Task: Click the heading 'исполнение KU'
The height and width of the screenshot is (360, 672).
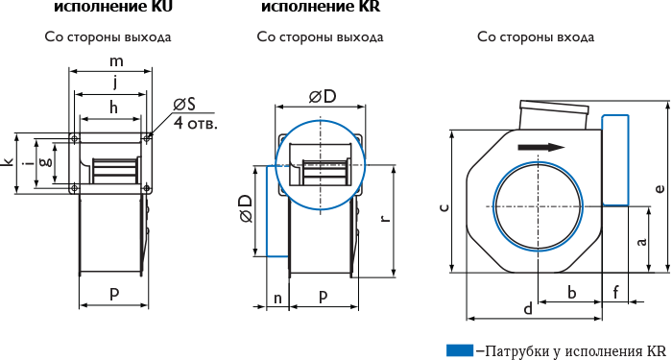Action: pos(113,6)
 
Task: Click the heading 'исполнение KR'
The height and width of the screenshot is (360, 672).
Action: pos(321,6)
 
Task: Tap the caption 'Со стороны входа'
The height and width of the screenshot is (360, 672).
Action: pos(536,37)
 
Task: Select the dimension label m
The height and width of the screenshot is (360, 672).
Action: pos(116,61)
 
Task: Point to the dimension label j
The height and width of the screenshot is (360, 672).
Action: pos(115,84)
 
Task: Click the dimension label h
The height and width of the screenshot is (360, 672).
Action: pos(113,108)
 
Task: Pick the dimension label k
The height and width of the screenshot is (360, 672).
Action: pos(9,163)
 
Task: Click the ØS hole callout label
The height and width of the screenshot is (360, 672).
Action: pos(184,104)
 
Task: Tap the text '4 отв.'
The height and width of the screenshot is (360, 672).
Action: pos(196,124)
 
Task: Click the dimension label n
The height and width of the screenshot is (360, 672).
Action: pos(277,298)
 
